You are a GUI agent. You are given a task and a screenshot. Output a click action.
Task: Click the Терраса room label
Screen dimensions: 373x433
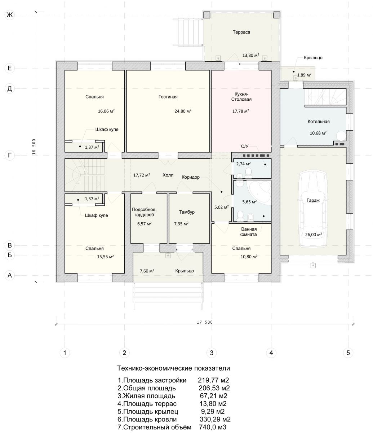pos(241,32)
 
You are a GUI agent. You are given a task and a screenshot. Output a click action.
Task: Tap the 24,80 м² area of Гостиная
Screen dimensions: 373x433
pos(183,111)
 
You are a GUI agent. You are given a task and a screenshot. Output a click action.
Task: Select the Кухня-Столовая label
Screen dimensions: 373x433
pos(241,97)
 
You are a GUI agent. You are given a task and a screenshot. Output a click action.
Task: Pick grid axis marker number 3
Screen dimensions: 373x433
pos(212,353)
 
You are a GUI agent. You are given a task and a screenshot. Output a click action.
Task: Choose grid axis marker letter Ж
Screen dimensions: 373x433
pos(10,15)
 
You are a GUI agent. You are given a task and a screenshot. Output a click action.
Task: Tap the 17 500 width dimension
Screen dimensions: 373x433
pos(205,322)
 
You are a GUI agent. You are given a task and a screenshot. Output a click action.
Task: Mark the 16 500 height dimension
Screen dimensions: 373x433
pos(34,147)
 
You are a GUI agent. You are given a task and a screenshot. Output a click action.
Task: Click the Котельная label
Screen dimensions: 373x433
pos(318,122)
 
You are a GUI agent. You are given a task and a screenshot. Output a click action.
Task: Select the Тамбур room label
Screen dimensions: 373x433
pos(187,212)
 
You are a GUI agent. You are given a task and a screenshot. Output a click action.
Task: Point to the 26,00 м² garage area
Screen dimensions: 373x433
pos(314,235)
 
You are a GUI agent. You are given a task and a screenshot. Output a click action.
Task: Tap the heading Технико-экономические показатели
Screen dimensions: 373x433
pos(173,368)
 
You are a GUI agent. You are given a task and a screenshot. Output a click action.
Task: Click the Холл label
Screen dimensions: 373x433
pos(168,175)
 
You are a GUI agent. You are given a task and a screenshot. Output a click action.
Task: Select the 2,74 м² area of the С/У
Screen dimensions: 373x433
pos(243,164)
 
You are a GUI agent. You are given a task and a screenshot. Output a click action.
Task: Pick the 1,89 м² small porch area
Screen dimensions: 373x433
pos(304,75)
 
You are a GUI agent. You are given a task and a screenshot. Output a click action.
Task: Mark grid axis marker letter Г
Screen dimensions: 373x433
pos(10,155)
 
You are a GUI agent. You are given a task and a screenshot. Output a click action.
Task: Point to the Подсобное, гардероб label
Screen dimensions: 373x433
pos(144,212)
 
